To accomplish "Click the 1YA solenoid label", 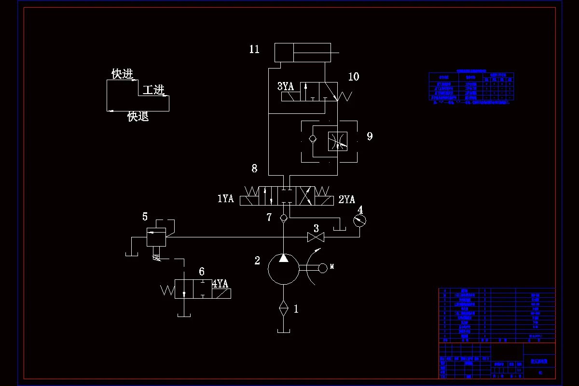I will click(225, 199).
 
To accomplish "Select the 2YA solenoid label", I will click(346, 199).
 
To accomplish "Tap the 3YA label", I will click(285, 86).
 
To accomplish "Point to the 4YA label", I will click(220, 284).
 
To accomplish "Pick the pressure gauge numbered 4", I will click(360, 221).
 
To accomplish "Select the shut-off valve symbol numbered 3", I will click(316, 237).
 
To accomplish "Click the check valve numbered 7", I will click(284, 218).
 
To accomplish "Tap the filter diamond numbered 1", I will click(284, 307).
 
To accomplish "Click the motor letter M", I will click(332, 267).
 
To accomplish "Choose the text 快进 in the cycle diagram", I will click(122, 74).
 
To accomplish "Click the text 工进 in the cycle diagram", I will click(153, 90).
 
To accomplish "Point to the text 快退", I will click(138, 116).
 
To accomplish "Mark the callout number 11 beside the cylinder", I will click(254, 49).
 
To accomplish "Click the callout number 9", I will click(370, 136).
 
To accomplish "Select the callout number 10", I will click(354, 77).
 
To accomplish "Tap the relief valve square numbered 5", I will click(156, 237).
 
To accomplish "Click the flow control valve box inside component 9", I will click(337, 141).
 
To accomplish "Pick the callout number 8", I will click(254, 168).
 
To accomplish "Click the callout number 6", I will click(202, 271).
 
